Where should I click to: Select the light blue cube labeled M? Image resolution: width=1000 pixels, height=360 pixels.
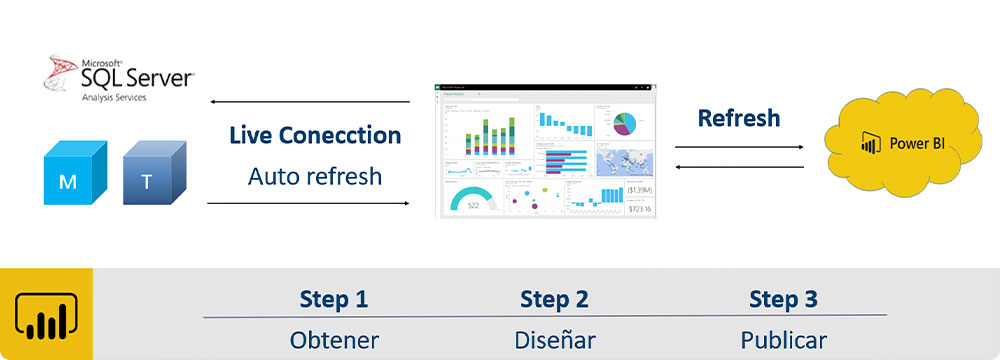click(69, 174)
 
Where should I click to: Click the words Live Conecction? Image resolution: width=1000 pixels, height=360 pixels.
click(315, 135)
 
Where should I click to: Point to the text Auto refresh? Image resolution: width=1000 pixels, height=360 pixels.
click(315, 177)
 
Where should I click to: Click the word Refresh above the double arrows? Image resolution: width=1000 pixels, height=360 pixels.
click(739, 118)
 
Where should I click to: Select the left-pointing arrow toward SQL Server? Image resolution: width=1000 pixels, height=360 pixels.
click(310, 102)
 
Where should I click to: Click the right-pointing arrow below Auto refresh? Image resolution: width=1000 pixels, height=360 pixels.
click(310, 203)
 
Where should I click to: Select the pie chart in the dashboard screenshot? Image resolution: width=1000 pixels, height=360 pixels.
click(625, 122)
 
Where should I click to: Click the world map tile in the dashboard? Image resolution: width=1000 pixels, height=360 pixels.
click(625, 160)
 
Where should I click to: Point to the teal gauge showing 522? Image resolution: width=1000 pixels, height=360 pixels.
click(473, 199)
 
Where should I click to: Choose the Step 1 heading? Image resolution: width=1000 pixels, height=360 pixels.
click(334, 299)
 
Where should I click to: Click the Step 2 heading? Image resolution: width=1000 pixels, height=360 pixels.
click(554, 299)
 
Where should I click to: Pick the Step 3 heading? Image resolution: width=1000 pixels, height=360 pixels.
click(783, 299)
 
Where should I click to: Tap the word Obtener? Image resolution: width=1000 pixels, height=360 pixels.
click(334, 340)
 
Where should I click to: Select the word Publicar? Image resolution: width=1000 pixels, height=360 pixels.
click(783, 340)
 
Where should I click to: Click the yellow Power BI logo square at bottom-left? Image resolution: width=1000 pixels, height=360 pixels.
click(46, 314)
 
